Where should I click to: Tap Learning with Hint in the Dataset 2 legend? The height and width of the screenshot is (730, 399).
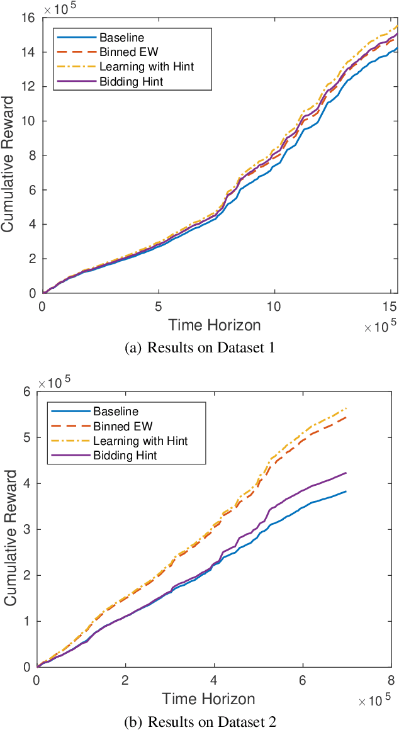(x=140, y=441)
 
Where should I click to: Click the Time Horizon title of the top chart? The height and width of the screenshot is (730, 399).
(x=215, y=325)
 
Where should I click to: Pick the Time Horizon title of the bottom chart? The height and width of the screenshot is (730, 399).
(x=208, y=699)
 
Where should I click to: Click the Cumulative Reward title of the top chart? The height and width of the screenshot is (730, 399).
(x=9, y=155)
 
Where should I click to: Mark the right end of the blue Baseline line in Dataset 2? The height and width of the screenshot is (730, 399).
(x=346, y=491)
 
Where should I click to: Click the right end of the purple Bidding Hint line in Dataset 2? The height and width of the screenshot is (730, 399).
(x=346, y=473)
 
